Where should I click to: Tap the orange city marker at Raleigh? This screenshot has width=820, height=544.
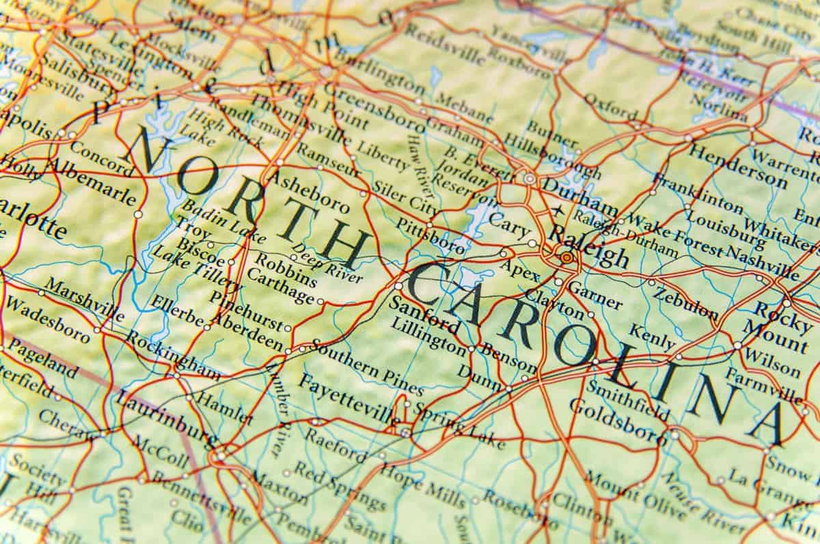click(x=566, y=258)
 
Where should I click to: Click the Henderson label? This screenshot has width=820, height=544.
click(x=737, y=167)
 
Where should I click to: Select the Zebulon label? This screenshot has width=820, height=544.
click(x=686, y=304)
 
